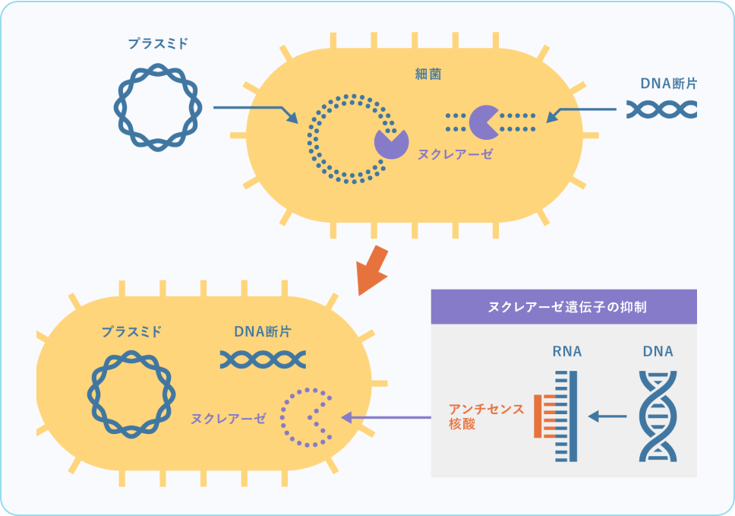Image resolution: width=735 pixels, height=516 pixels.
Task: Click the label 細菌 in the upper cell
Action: pos(428,74)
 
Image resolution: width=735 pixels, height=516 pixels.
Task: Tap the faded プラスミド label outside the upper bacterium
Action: pos(158,44)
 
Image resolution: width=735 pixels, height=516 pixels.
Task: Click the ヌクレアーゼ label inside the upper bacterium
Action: pos(455,154)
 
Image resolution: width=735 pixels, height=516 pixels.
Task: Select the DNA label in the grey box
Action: pos(658,352)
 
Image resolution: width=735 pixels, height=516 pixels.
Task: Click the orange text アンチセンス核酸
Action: pos(487,416)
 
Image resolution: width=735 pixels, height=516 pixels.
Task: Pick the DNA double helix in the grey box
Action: pos(658,416)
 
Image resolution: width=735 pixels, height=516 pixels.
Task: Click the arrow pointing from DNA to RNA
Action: pos(608,416)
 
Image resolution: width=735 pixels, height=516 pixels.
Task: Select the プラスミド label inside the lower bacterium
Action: pos(131,332)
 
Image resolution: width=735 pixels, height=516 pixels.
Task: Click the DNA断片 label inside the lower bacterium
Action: pos(263,332)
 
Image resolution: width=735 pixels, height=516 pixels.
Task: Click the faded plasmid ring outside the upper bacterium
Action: pos(158,107)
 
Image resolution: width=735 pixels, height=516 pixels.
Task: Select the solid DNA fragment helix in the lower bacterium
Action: pos(263,359)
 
